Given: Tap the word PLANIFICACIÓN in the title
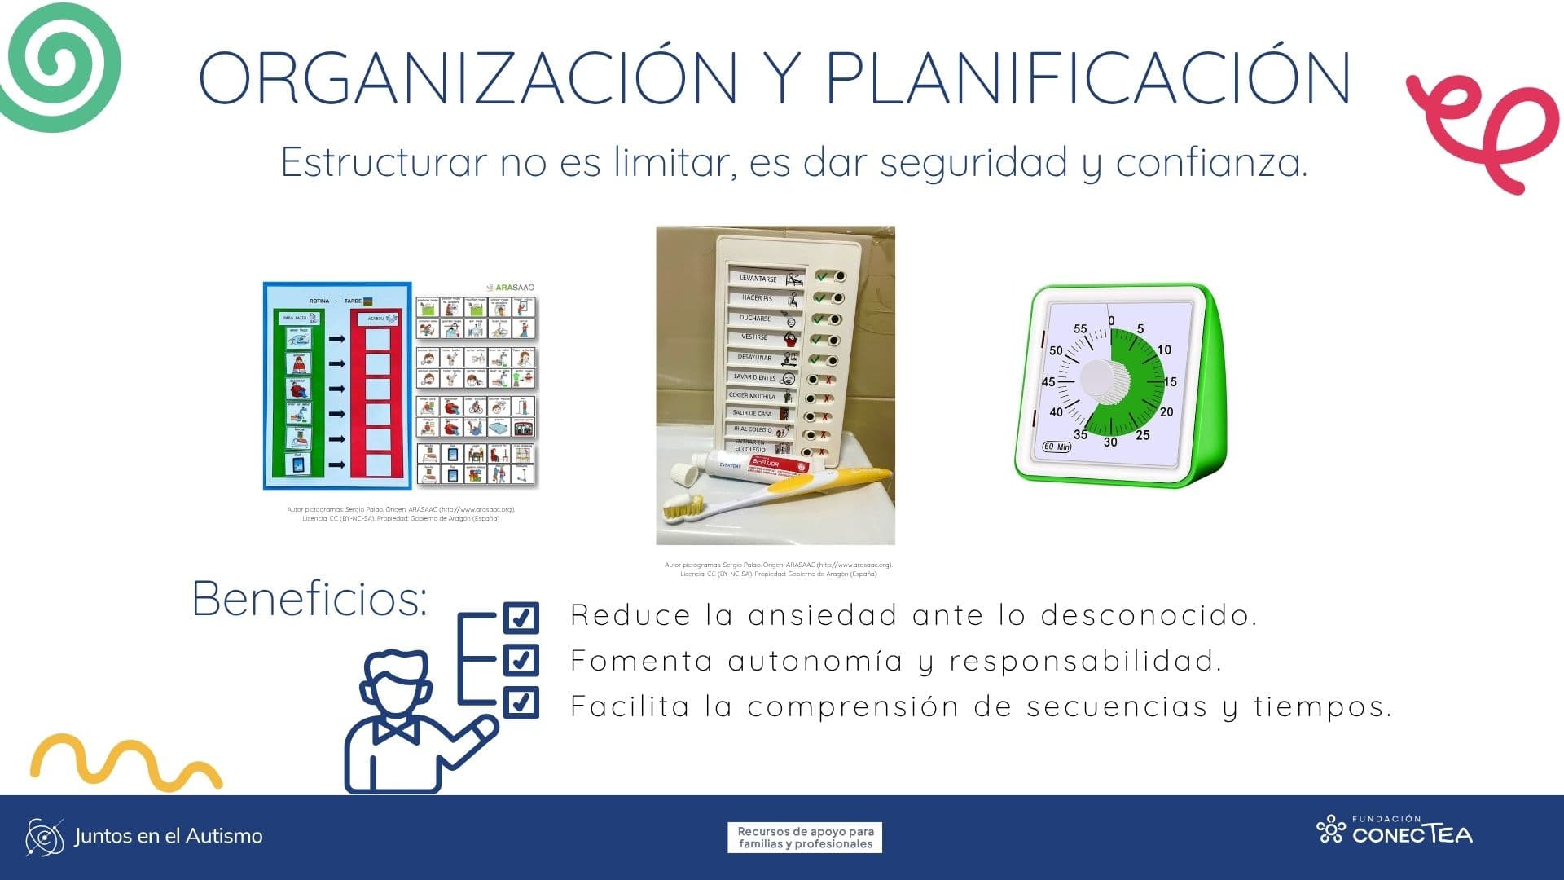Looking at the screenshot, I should [x=1088, y=78].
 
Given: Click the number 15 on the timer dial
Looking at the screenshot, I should [x=1170, y=381].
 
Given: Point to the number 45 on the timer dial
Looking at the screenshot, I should [x=1048, y=381].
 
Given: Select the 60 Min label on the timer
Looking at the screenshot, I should [x=1057, y=447].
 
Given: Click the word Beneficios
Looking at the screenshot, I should [x=310, y=599].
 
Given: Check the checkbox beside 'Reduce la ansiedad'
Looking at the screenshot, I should [x=521, y=617].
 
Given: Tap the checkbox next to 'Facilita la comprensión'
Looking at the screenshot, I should [x=521, y=702].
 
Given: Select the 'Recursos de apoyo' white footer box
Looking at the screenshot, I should [x=805, y=838].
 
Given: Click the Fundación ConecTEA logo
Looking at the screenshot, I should [x=1395, y=830].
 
